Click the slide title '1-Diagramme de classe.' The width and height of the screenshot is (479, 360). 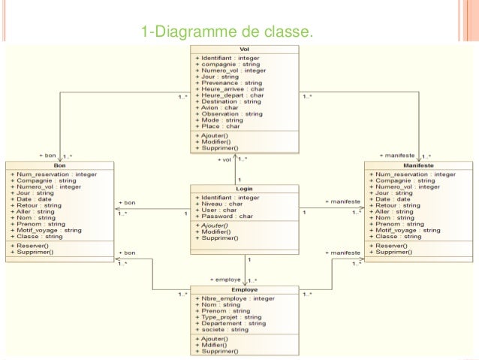pyautogui.click(x=226, y=32)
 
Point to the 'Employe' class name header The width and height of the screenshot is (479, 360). pyautogui.click(x=245, y=289)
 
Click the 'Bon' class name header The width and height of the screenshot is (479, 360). pyautogui.click(x=60, y=166)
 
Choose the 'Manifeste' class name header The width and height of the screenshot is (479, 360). pyautogui.click(x=417, y=166)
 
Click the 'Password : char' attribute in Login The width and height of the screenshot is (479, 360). pyautogui.click(x=227, y=216)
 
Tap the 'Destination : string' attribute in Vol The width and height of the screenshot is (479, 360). pyautogui.click(x=232, y=101)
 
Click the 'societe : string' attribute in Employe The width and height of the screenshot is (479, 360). pyautogui.click(x=225, y=329)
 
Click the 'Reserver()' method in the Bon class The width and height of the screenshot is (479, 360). pyautogui.click(x=32, y=245)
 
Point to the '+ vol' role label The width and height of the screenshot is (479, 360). pyautogui.click(x=224, y=160)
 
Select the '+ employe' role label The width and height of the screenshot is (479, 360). pyautogui.click(x=226, y=280)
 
